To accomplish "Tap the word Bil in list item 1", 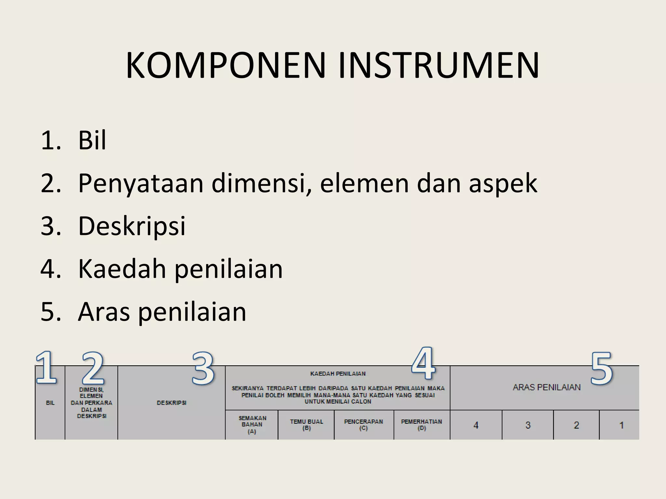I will click(92, 140).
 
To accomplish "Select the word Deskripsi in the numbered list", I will click(132, 226).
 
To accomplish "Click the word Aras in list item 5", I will click(104, 312).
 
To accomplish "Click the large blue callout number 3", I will click(203, 369).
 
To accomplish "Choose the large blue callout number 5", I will click(601, 369).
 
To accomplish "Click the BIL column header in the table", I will click(50, 403).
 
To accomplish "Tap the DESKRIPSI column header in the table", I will click(171, 403).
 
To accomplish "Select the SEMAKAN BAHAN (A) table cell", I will click(252, 425).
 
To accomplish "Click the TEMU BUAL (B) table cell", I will click(306, 425).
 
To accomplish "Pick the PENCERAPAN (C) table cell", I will click(364, 425).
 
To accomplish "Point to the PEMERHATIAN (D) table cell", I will click(421, 425).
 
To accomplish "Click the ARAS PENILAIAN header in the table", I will click(546, 387).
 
